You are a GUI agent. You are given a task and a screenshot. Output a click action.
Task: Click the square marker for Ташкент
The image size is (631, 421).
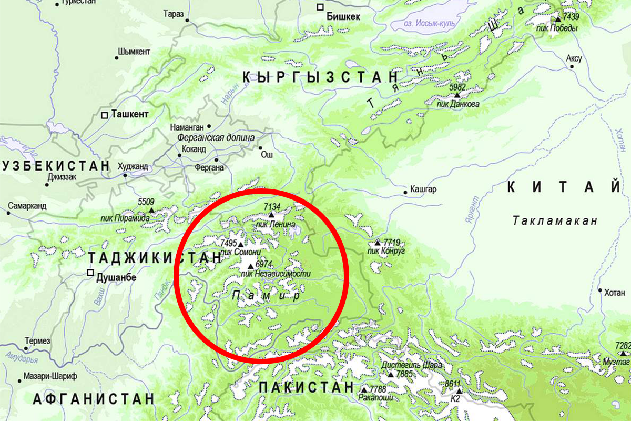[105, 114]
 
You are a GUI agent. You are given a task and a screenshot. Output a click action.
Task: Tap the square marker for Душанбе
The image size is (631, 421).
[90, 273]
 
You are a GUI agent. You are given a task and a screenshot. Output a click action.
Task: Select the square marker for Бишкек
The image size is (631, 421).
[320, 7]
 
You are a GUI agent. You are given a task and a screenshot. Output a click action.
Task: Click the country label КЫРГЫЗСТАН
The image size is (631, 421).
[320, 77]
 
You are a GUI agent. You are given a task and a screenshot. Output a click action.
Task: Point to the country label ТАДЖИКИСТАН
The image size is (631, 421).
[155, 258]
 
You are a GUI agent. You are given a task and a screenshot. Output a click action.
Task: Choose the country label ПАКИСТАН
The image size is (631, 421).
[306, 387]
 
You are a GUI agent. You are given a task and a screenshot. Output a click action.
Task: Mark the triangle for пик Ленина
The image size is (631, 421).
[271, 215]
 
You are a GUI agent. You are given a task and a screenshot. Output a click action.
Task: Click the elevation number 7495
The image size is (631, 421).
[229, 243]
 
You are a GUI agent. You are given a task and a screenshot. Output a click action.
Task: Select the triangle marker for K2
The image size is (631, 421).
[459, 391]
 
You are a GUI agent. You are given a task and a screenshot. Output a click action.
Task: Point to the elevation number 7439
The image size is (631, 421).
[570, 17]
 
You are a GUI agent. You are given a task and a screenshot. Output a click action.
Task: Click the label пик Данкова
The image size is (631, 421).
[457, 104]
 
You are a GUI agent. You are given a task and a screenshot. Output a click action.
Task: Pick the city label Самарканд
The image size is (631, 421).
[27, 205]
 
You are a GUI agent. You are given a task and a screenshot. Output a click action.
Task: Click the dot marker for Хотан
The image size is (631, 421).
[600, 290]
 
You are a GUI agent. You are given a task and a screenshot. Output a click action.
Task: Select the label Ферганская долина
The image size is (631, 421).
[209, 137]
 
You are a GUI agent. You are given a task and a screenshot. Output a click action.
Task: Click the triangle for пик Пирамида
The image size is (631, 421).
[151, 210]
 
